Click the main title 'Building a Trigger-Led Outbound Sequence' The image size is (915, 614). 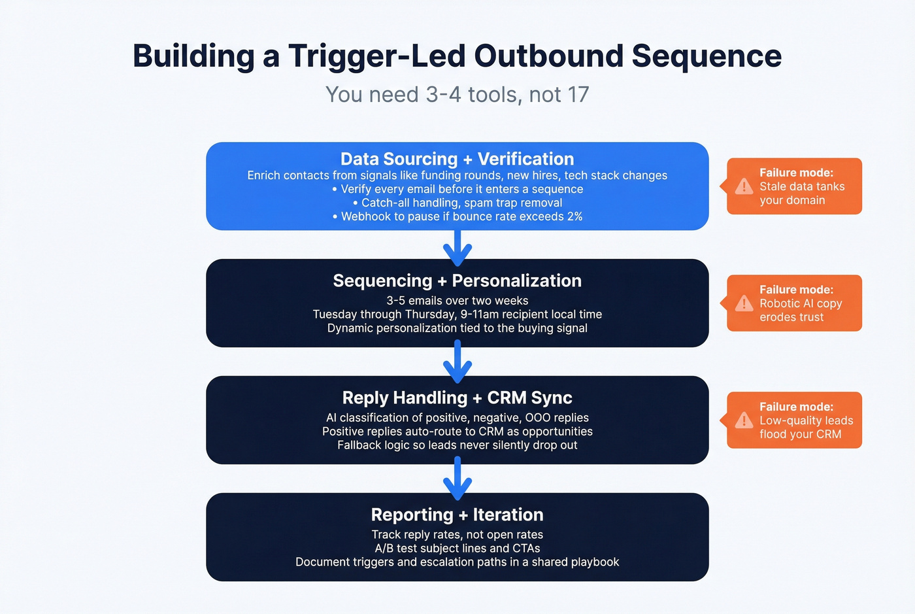(x=457, y=56)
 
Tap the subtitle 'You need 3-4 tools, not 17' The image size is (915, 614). (x=457, y=95)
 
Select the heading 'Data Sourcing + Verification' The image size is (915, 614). (x=457, y=159)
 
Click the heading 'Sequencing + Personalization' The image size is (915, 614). (x=457, y=281)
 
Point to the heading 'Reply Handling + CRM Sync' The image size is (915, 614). (x=457, y=398)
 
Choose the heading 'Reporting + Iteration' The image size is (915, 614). (x=457, y=515)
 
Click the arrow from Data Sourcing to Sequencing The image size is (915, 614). (x=457, y=247)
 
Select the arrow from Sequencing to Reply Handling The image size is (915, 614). (x=457, y=364)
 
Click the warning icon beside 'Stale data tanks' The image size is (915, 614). (x=744, y=187)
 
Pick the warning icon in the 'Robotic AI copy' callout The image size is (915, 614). (x=744, y=303)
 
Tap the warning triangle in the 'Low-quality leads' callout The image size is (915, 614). (x=744, y=420)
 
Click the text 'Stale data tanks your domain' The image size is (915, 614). (x=801, y=194)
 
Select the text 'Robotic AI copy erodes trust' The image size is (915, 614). (x=800, y=311)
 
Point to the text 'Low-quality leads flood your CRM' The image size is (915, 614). (x=805, y=428)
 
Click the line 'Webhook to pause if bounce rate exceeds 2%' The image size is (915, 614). (x=457, y=216)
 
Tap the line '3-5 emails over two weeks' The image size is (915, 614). (x=457, y=301)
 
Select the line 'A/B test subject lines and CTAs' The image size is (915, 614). (x=457, y=548)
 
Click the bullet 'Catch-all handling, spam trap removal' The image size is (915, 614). (x=457, y=203)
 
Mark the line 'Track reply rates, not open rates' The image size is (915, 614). (x=457, y=534)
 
